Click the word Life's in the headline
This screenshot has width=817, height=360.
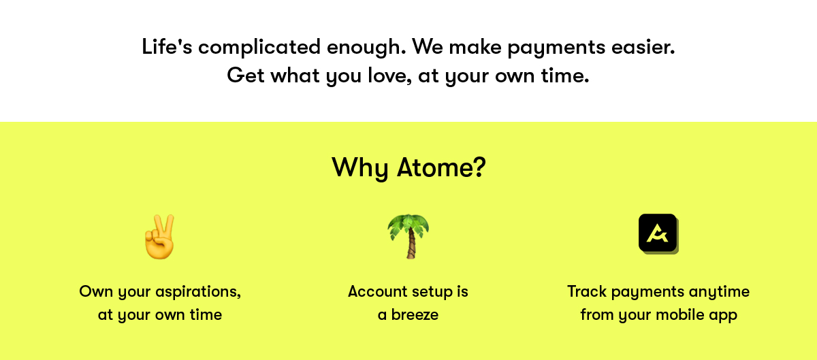167,47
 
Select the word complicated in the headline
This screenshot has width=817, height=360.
259,48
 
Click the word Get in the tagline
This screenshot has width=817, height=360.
246,76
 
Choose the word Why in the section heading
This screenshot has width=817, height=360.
360,168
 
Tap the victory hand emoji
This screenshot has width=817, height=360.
159,237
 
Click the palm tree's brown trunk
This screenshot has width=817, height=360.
411,244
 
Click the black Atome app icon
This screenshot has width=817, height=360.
658,233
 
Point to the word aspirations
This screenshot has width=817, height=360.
198,292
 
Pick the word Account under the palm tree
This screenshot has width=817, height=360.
377,292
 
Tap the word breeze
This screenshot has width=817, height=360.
415,315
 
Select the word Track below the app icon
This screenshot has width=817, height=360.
587,292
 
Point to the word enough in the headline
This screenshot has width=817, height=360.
366,48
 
